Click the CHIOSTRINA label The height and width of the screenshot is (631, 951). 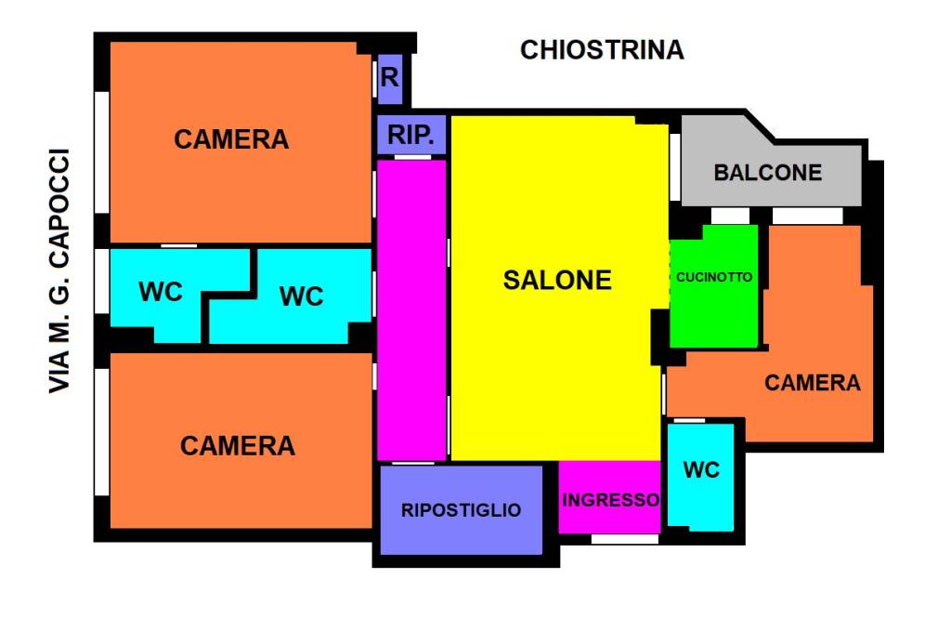[602, 50]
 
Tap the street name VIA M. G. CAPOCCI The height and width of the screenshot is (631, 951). [59, 270]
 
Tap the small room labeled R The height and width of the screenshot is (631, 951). [390, 78]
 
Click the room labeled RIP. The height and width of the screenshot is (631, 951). [411, 135]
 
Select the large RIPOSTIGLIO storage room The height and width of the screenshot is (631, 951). [461, 509]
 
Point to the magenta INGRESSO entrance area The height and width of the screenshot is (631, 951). [609, 497]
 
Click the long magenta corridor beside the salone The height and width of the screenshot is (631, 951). [411, 309]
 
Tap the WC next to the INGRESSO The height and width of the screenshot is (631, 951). [701, 477]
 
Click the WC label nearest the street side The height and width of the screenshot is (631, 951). [160, 292]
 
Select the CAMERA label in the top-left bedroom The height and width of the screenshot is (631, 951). [231, 139]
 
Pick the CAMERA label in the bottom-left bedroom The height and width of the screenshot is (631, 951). [237, 446]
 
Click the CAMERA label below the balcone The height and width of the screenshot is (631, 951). [812, 383]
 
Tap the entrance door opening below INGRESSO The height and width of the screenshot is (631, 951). [625, 539]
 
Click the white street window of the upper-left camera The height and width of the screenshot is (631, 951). [102, 152]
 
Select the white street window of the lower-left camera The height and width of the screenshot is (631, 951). [102, 432]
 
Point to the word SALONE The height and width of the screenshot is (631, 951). [557, 281]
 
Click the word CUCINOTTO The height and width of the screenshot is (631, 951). [714, 277]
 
